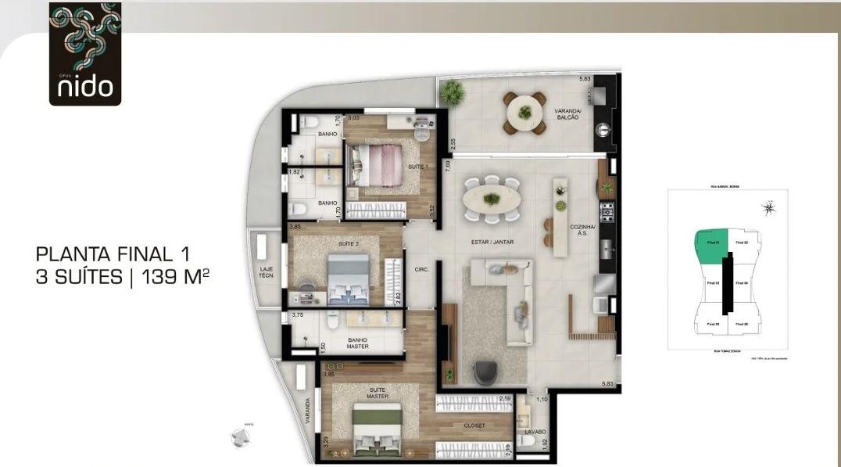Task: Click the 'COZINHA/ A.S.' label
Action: click(582, 229)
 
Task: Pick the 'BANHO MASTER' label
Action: click(358, 343)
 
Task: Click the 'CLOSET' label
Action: click(474, 426)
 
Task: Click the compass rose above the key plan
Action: click(769, 207)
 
